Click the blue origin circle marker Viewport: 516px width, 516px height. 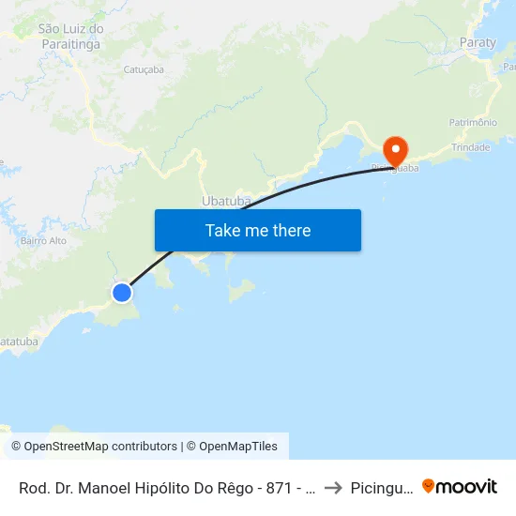pos(122,293)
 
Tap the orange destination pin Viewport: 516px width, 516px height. pos(395,149)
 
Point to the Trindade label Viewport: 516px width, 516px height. pos(471,147)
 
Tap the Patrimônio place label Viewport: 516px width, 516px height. pos(473,123)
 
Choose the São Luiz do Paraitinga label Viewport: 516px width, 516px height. pos(71,36)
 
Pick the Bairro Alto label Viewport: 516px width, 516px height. pos(44,240)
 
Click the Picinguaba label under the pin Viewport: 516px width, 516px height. pos(395,168)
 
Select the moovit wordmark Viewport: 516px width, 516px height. pos(467,487)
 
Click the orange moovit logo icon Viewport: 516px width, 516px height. pos(429,487)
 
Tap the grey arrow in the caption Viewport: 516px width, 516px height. pos(332,488)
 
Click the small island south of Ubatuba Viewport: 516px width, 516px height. pos(241,291)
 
